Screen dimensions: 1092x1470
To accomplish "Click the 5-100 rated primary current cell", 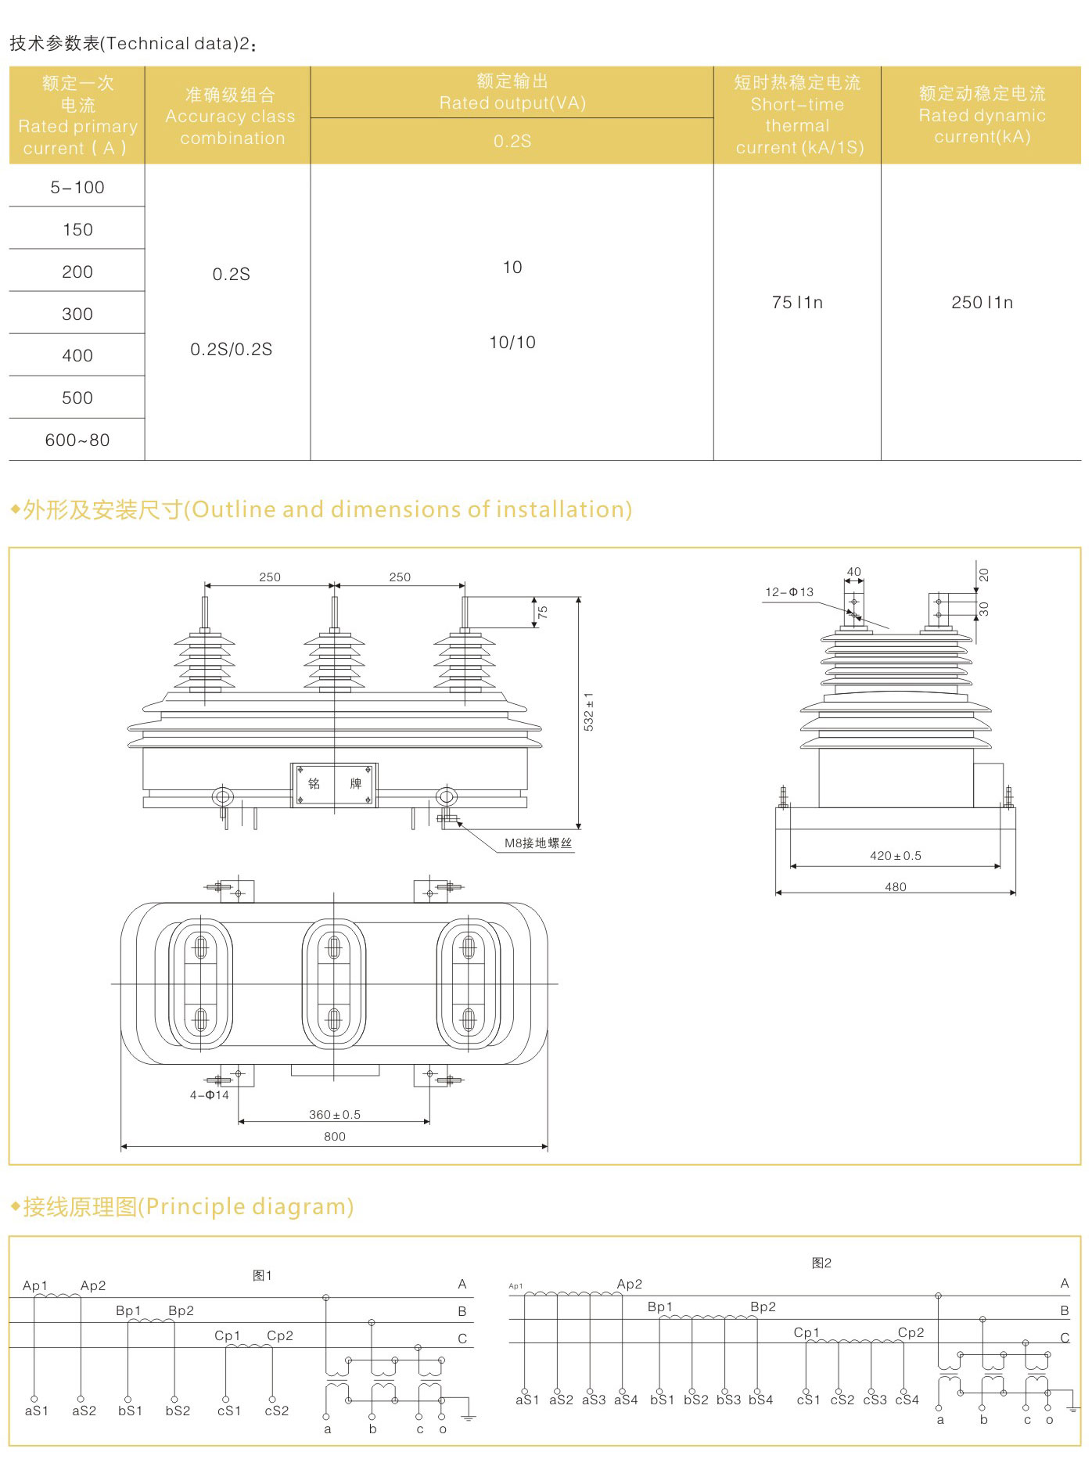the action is click(77, 188).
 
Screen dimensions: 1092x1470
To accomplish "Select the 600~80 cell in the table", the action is click(77, 440).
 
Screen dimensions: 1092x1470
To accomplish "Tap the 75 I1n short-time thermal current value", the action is click(797, 303).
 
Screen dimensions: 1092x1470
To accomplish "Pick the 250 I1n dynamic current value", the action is click(982, 303).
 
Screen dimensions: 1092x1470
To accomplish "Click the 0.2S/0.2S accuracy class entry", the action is click(232, 350).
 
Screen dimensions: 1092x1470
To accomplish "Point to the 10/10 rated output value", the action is click(512, 343).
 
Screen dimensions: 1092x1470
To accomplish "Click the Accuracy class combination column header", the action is click(230, 117).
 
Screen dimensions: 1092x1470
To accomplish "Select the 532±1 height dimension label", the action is click(588, 711).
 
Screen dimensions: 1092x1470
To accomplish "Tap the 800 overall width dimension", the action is click(335, 1137).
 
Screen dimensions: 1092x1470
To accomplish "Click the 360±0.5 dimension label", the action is click(335, 1115).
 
